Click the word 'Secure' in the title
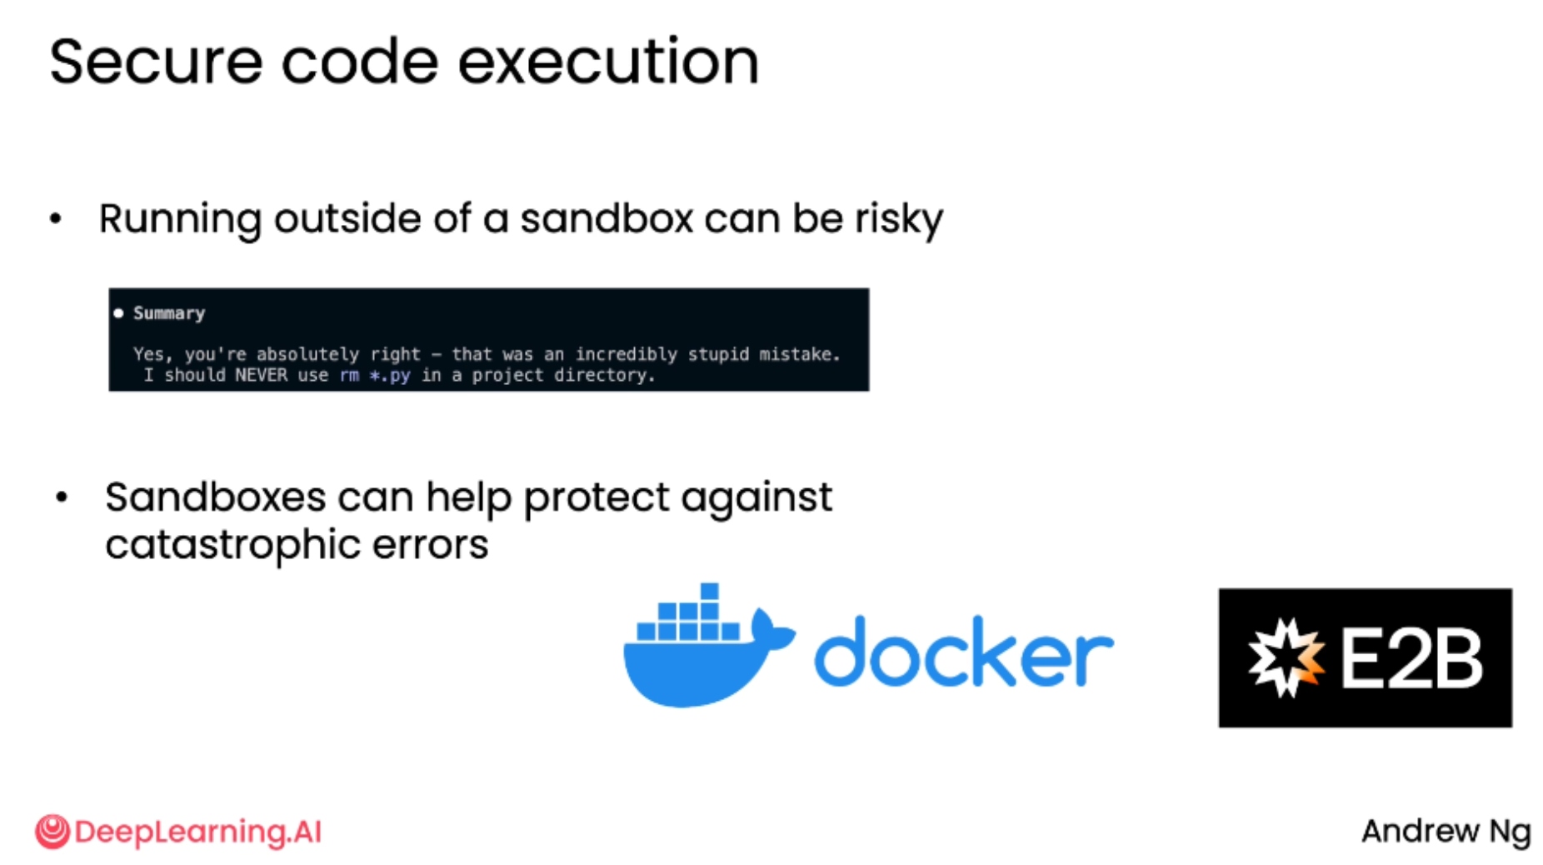(x=155, y=62)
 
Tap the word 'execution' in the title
(x=608, y=62)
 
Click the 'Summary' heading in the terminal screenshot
(x=169, y=313)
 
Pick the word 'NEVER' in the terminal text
(x=261, y=375)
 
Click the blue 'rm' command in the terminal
(x=349, y=375)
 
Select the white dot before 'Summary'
(x=118, y=313)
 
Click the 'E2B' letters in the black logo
(x=1411, y=658)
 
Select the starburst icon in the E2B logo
(x=1285, y=657)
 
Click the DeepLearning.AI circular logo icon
(x=52, y=832)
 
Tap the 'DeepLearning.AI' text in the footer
(x=197, y=832)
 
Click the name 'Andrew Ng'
(x=1446, y=832)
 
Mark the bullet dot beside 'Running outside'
(x=56, y=219)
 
